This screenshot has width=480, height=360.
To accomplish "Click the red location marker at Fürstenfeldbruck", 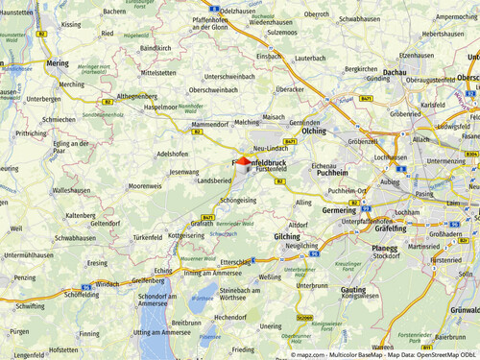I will tap(242, 160).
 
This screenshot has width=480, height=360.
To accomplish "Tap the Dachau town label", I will tap(395, 72).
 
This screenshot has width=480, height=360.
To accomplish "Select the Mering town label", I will tap(58, 62).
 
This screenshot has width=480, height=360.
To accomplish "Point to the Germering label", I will tap(339, 209).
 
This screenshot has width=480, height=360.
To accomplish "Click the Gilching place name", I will tap(287, 235).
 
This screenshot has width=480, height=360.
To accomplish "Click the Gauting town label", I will tap(352, 289).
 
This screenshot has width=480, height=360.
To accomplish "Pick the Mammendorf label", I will tap(210, 125).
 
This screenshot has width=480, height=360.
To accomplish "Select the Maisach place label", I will tap(274, 117).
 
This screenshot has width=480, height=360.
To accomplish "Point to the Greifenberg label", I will tap(148, 280).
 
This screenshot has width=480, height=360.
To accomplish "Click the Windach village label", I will tap(108, 283).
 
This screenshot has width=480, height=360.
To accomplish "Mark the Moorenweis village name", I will tap(145, 185).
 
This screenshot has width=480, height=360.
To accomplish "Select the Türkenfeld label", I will tap(148, 237).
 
